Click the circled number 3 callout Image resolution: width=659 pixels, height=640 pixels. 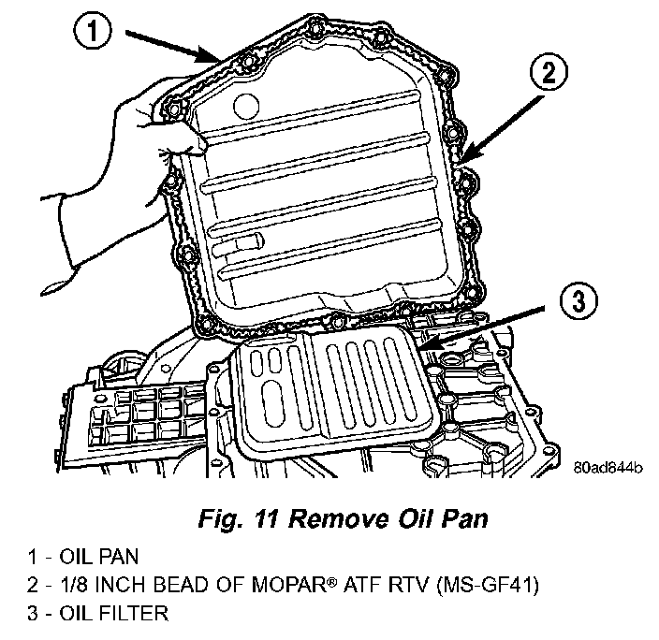(578, 301)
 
